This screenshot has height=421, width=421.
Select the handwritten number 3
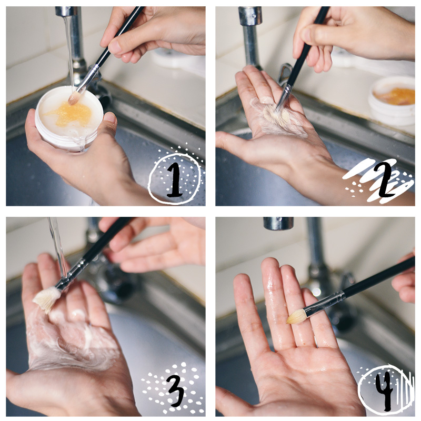176,390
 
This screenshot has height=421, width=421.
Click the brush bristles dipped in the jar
74,98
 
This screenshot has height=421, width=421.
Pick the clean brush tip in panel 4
297,316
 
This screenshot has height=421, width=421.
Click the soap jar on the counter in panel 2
392,101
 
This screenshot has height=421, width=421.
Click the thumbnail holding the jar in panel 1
110,118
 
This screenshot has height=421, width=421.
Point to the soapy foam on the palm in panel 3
73,341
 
